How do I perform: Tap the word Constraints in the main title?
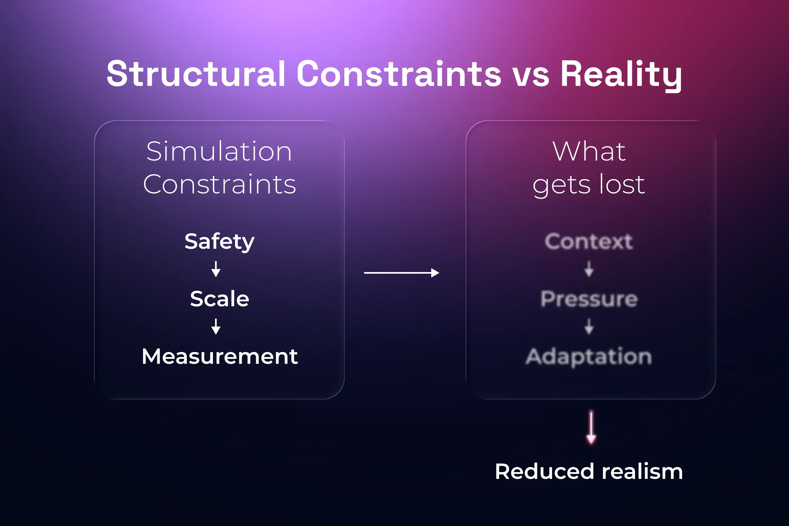point(399,74)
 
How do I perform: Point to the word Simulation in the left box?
point(219,151)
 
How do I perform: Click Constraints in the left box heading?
point(219,184)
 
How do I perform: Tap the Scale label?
point(219,299)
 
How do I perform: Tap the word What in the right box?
point(589,151)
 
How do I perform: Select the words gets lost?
point(589,184)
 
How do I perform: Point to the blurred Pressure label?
point(589,299)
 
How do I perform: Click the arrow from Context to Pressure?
point(589,269)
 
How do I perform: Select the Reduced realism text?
point(589,471)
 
